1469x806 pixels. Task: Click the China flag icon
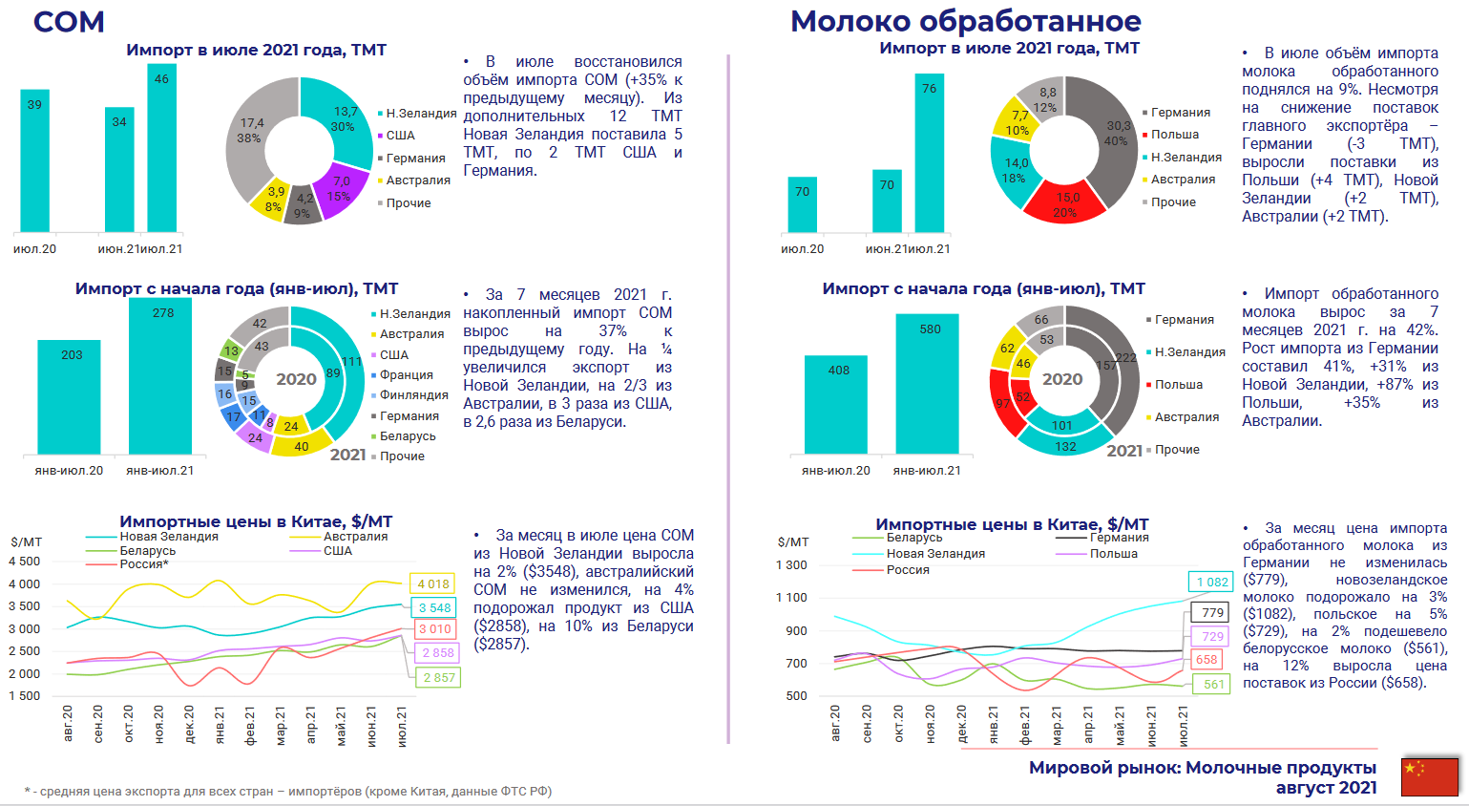(1430, 776)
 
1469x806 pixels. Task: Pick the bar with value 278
(160, 376)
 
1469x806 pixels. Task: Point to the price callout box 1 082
(1212, 582)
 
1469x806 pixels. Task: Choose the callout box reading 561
(1212, 684)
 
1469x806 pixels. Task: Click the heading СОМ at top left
(69, 22)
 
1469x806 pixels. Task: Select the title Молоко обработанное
(965, 21)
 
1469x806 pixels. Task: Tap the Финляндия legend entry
(413, 395)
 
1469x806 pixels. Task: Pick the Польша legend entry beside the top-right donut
(1174, 135)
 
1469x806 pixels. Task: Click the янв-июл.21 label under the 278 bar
(160, 471)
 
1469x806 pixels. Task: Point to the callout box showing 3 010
(434, 628)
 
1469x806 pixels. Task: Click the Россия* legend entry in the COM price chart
(143, 564)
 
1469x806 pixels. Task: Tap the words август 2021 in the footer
(1326, 788)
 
